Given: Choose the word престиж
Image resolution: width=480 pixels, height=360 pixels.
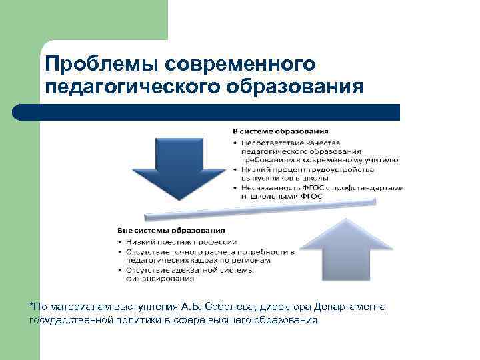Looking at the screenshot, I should (174, 241).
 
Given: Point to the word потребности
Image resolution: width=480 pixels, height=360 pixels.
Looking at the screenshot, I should (263, 251).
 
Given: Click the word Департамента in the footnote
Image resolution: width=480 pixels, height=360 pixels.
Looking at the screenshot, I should (349, 307).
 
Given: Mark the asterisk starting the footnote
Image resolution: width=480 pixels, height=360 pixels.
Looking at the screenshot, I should (31, 306).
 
